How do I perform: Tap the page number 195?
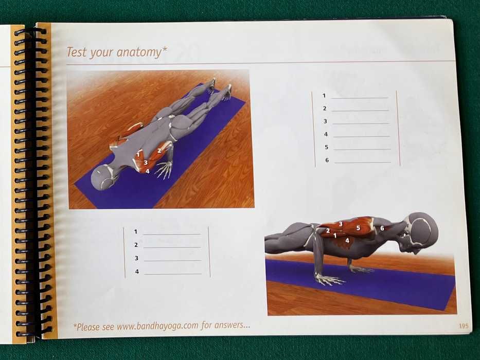tap(463, 326)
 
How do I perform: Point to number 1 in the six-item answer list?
tap(324, 96)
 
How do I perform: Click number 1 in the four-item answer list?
tap(136, 232)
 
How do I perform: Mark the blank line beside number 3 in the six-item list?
tap(360, 124)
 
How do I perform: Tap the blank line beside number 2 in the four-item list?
tap(172, 248)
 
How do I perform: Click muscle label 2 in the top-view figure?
tap(159, 151)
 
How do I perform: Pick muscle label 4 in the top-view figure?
tap(148, 171)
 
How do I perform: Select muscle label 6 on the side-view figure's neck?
tap(382, 228)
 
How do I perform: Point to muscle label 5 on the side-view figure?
tap(358, 228)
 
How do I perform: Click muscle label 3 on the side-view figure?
tap(341, 224)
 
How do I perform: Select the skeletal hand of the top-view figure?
tap(165, 170)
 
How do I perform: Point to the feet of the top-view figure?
tap(219, 87)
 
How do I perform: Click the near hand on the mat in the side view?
tap(329, 279)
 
